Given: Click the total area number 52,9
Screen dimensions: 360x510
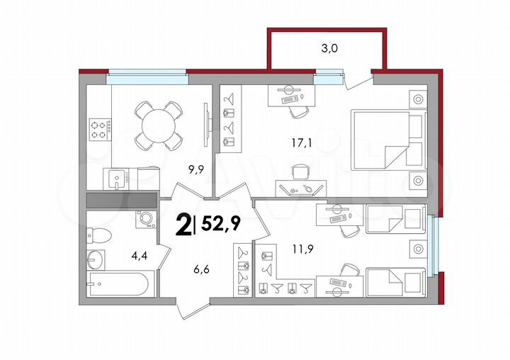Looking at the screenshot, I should click(221, 224).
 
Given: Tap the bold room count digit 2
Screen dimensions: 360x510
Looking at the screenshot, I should click(183, 225).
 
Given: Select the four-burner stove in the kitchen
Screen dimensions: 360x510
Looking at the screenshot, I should click(100, 128).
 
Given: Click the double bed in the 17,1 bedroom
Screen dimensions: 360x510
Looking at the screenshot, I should click(388, 140).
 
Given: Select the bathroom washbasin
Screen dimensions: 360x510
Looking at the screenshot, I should click(96, 260).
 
